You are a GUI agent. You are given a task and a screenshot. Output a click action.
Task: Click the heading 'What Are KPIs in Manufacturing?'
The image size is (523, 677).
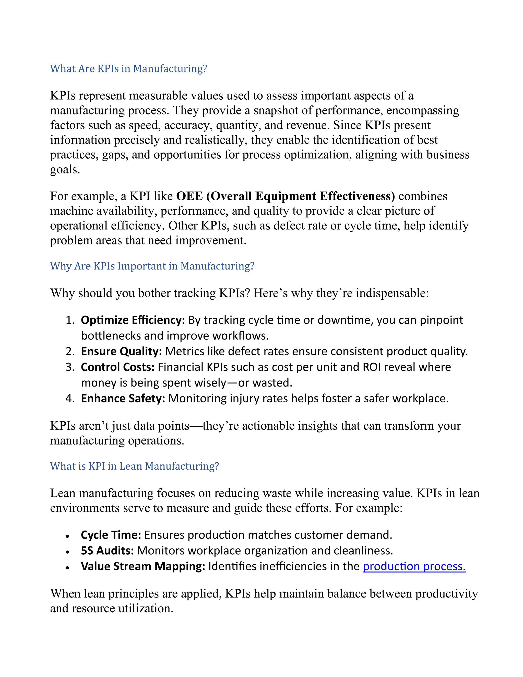coord(129,68)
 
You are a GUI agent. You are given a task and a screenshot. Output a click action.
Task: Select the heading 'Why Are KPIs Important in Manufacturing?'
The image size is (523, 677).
coord(152,266)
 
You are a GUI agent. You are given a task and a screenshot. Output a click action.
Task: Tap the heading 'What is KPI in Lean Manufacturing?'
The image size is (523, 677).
coord(135,466)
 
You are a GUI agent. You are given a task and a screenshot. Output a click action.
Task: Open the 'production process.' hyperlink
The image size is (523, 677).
coord(414,566)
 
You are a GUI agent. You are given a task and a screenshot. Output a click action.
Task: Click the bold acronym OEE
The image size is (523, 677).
coord(189,196)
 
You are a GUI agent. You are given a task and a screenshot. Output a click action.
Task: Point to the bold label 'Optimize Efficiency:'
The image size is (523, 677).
coord(133,320)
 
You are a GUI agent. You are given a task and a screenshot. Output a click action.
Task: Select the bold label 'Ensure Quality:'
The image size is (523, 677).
coord(121,351)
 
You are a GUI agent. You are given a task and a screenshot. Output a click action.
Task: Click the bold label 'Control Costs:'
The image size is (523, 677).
coord(117,367)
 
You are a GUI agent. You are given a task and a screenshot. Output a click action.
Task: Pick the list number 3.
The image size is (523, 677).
coord(70,367)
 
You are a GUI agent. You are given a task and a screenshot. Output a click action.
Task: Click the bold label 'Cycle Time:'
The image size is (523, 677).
coord(111,535)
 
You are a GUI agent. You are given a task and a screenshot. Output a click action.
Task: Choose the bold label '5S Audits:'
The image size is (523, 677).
coord(107,551)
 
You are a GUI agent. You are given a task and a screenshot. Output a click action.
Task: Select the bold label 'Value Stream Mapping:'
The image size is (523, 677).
coord(143,566)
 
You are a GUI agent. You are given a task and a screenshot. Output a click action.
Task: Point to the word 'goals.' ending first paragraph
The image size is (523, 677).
coord(65,170)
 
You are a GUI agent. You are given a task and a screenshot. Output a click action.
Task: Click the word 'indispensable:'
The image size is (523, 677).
coord(392,293)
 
